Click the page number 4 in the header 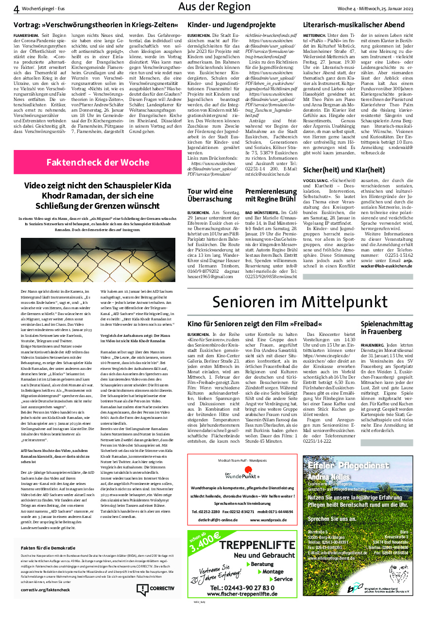(16, 9)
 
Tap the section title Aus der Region (214, 7)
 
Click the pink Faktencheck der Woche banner (98, 162)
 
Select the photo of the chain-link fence (91, 260)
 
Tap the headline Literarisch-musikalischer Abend (354, 25)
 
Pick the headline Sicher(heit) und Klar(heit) (344, 169)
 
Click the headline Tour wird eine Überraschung (210, 195)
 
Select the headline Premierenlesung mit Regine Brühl (271, 195)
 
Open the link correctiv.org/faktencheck (46, 589)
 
